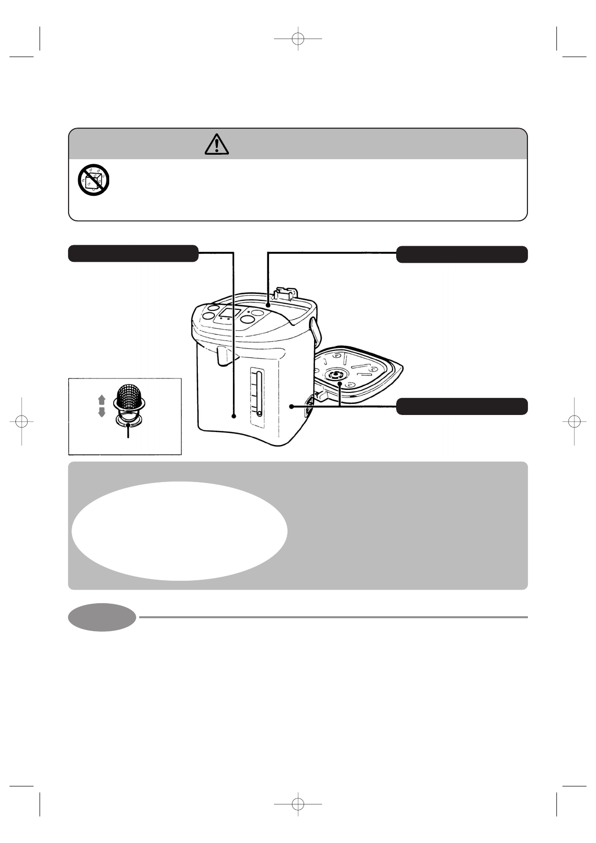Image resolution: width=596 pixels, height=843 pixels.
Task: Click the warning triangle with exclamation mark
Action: tap(217, 144)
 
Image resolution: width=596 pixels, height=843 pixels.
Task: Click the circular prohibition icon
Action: tap(94, 180)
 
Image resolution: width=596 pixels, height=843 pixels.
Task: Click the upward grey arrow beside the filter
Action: tap(102, 399)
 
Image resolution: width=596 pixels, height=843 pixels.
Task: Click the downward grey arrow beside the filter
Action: tap(102, 412)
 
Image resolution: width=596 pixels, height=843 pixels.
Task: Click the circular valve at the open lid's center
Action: tap(335, 375)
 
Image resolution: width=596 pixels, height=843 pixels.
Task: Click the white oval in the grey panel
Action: tap(179, 531)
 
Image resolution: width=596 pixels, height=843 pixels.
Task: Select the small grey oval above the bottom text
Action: tap(102, 617)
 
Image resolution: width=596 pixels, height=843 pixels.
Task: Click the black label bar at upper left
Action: tap(133, 253)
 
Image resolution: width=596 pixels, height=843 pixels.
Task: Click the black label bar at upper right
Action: tap(462, 254)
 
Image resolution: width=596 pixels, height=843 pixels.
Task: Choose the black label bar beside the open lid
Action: tap(462, 406)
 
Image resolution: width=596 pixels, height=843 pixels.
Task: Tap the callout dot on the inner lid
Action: tap(340, 384)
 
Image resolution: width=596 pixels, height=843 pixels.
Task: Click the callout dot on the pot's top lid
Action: tap(268, 304)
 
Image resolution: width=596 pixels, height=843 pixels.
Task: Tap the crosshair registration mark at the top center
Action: tap(298, 39)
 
